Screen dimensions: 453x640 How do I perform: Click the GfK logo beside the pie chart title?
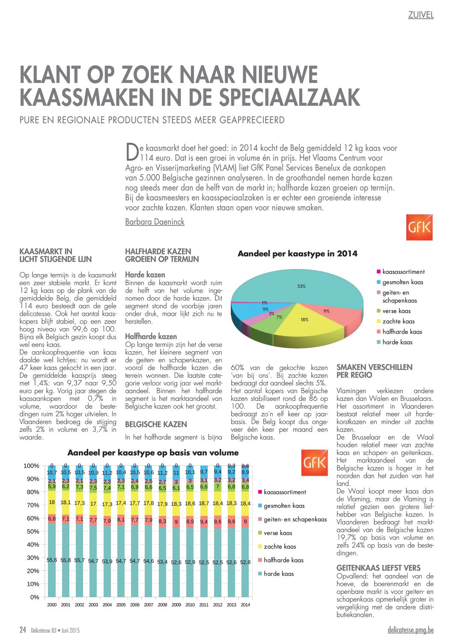coord(419,227)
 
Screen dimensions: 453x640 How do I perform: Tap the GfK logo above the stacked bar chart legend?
coord(314,462)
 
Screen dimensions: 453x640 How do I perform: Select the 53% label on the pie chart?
coord(301,286)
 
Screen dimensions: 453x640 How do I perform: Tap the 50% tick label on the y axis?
coord(33,531)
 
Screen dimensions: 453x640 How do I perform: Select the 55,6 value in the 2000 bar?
coord(52,560)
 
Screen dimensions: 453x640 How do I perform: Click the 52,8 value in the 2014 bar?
coord(245,562)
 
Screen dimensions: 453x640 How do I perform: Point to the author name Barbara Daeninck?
coord(155,222)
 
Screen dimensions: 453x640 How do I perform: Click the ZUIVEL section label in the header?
coord(421,15)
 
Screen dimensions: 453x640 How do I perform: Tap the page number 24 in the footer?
coord(23,629)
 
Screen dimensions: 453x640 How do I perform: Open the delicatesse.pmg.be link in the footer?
coord(411,630)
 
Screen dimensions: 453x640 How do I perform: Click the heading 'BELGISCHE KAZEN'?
coord(156,424)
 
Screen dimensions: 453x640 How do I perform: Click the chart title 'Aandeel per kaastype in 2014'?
coord(298,254)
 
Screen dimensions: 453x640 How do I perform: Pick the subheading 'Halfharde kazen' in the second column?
coord(151,336)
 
